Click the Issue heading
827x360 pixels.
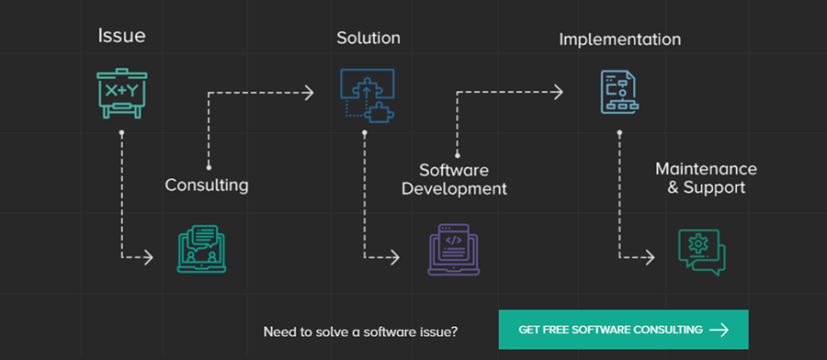click(x=121, y=37)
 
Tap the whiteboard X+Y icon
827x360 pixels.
click(x=121, y=92)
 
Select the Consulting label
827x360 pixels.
click(x=207, y=186)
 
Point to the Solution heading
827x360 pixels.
click(x=368, y=38)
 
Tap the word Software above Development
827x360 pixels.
click(x=454, y=171)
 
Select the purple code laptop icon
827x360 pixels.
click(x=454, y=249)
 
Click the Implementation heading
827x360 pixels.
click(x=620, y=39)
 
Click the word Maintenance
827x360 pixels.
click(x=706, y=170)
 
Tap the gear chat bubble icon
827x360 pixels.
click(x=701, y=249)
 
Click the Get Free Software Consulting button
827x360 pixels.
click(x=623, y=330)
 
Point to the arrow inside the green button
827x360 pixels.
click(x=719, y=330)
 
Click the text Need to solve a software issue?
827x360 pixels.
click(x=360, y=331)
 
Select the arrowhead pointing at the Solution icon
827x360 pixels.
click(x=309, y=92)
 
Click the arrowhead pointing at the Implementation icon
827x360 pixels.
click(x=558, y=92)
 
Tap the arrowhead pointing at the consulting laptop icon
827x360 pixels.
click(x=148, y=258)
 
